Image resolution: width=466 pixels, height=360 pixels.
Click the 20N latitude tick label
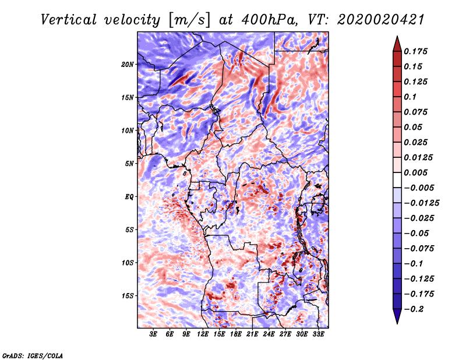pos(128,64)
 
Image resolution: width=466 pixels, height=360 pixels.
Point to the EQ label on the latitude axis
pos(129,197)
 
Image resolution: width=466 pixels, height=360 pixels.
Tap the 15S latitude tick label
pos(128,296)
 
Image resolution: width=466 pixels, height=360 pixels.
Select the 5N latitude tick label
pos(129,164)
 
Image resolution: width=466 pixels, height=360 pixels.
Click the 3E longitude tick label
pos(154,335)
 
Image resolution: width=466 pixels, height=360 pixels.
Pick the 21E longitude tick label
pos(252,335)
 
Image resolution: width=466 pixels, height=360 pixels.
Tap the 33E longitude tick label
pos(318,335)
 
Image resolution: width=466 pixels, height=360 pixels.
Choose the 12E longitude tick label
pos(203,335)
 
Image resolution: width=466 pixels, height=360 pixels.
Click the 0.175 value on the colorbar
pos(416,51)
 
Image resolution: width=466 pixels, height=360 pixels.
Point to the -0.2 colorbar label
pos(414,309)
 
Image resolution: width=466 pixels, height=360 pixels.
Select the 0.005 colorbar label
pos(416,172)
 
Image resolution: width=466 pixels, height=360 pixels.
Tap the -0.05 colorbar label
pos(416,233)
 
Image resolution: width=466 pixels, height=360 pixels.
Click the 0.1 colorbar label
pos(410,97)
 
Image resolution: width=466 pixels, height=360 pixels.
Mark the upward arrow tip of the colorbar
pos(396,38)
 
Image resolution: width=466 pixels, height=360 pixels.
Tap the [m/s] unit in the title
pos(188,20)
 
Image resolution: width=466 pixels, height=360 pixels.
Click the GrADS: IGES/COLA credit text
pos(33,355)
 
